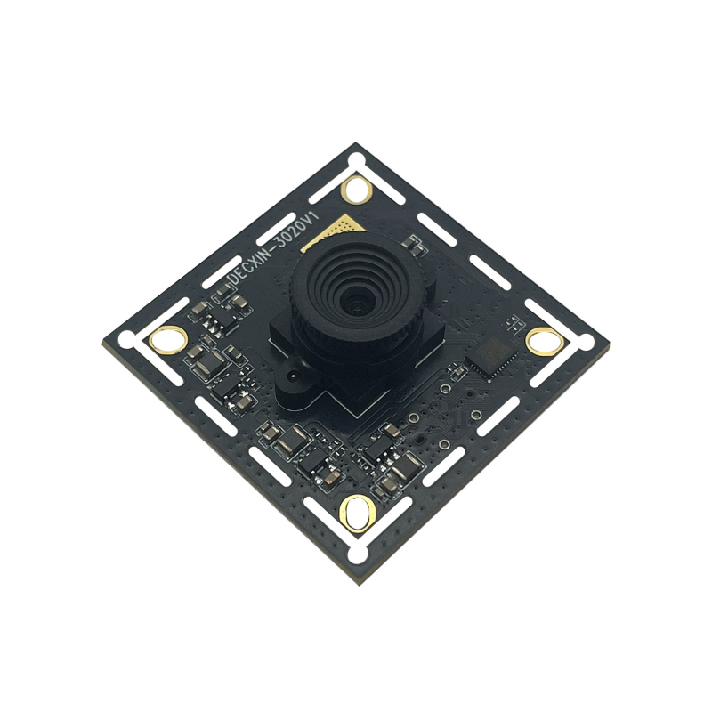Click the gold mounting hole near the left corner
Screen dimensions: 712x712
point(167,338)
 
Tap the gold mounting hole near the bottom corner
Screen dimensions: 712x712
point(357,514)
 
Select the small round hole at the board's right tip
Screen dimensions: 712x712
point(586,340)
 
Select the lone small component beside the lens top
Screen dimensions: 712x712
point(412,241)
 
